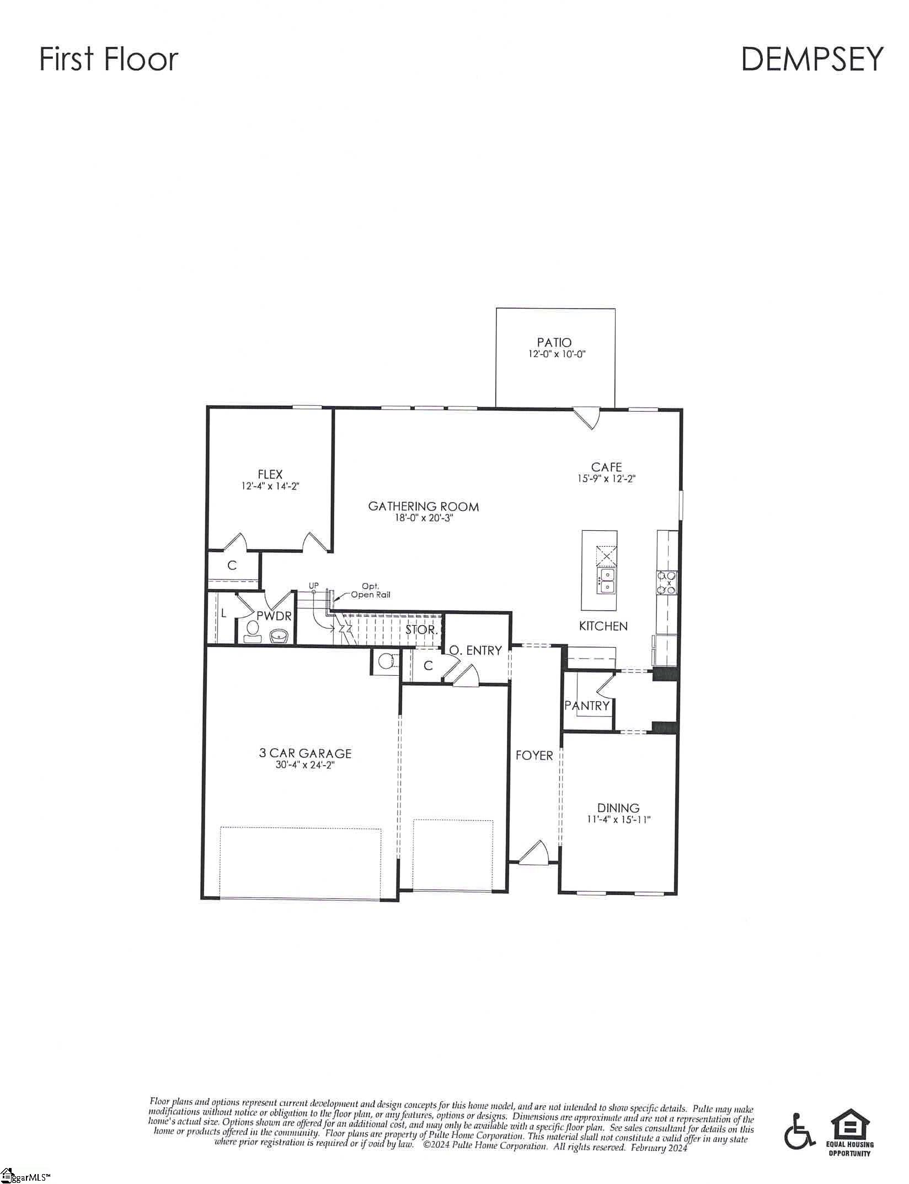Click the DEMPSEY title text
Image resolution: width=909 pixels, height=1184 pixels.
coord(811,60)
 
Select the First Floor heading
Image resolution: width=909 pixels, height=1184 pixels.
coord(109,60)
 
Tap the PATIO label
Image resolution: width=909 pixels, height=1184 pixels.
coord(554,342)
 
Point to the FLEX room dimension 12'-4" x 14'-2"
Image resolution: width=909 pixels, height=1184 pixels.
coord(270,486)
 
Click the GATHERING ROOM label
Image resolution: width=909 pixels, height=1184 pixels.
coord(423,506)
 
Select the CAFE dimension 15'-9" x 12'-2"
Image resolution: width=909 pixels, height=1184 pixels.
coord(607,479)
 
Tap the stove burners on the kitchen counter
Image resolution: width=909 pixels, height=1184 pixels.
coord(667,583)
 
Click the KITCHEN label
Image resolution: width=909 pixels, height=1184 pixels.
coord(603,626)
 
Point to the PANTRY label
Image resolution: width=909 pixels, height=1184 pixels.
coord(586,706)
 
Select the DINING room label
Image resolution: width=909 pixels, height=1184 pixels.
coord(618,808)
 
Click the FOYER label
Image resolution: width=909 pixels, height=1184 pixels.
coord(534,756)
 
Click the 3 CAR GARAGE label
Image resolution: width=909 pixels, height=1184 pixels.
coord(305,753)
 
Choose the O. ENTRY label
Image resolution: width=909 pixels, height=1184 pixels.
coord(475,650)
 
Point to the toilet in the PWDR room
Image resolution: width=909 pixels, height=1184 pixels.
coord(253,632)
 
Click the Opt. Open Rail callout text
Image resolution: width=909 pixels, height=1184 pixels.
coord(370,590)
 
